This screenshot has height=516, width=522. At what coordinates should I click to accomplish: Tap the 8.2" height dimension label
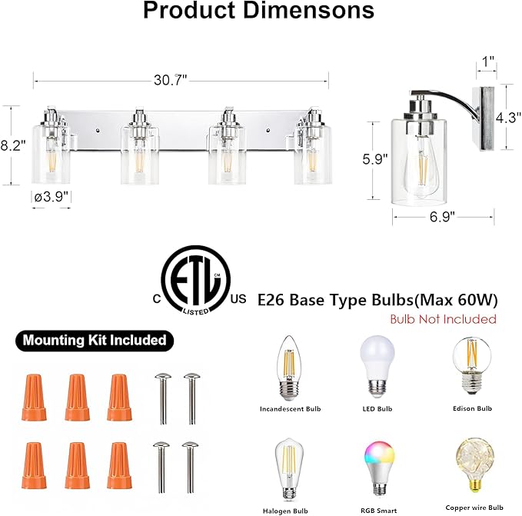(x=13, y=145)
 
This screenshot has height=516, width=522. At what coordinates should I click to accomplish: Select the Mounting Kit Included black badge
(x=94, y=339)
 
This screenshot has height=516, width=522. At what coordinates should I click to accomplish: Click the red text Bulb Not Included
(x=442, y=318)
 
